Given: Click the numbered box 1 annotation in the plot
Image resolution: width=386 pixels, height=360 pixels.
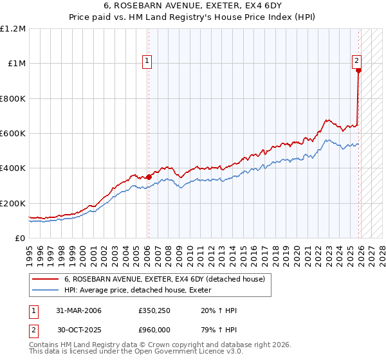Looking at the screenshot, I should [x=147, y=61].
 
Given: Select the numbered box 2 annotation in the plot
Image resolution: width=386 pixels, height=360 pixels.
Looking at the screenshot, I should [x=356, y=61].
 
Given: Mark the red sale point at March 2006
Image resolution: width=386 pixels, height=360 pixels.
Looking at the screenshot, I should [x=149, y=177].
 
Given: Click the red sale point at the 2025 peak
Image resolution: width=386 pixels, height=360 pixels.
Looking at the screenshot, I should [x=358, y=71].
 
